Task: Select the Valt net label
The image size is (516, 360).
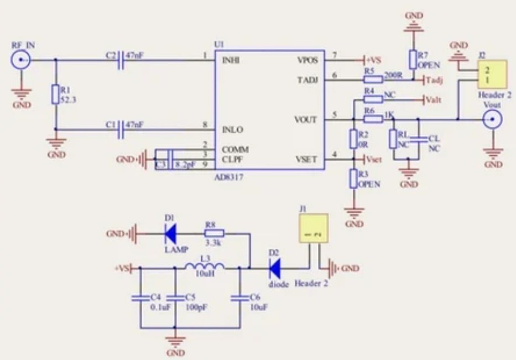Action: (x=432, y=100)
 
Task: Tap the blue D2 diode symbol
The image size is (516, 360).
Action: (x=275, y=269)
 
